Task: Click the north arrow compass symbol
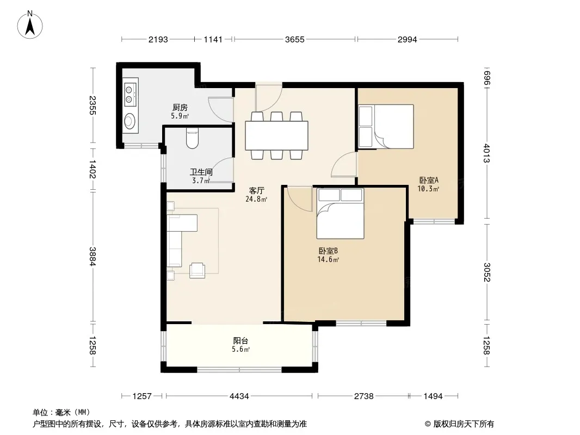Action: click(x=30, y=25)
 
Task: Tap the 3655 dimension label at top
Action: click(x=294, y=40)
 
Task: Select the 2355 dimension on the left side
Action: click(x=92, y=105)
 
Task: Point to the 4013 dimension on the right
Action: click(x=486, y=153)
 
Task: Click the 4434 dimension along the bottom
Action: click(x=239, y=396)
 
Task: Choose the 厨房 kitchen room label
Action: click(x=180, y=108)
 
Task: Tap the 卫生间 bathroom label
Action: click(x=201, y=172)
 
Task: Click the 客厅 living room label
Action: click(x=256, y=191)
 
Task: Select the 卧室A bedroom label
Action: click(x=428, y=181)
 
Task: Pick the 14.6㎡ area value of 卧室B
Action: click(x=328, y=259)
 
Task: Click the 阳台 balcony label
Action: click(x=240, y=341)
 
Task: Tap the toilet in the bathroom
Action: click(x=193, y=138)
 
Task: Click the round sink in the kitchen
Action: click(x=129, y=121)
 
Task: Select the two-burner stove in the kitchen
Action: click(x=129, y=94)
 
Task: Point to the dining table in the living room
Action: click(x=277, y=135)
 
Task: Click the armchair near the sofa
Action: click(x=197, y=270)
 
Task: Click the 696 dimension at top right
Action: click(x=486, y=78)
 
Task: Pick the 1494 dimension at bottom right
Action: click(x=433, y=396)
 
